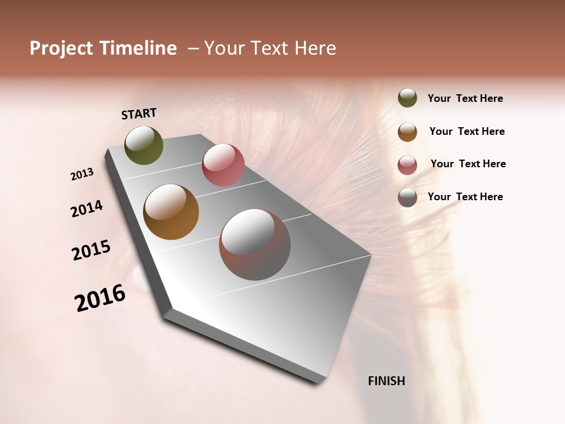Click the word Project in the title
[x=62, y=48]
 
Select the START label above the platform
[x=139, y=114]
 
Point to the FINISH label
[x=387, y=381]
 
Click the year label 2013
[x=82, y=174]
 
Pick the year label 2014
[x=87, y=208]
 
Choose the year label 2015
[x=91, y=250]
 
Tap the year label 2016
[x=100, y=298]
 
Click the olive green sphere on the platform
[x=144, y=145]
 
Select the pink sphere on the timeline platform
[x=223, y=165]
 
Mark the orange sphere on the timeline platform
[x=171, y=212]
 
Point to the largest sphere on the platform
[x=255, y=244]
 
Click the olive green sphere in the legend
[x=407, y=98]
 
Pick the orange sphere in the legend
[x=407, y=132]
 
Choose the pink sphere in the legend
[x=407, y=165]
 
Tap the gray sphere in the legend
[x=407, y=197]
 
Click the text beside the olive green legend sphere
[x=465, y=99]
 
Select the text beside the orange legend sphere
[x=467, y=131]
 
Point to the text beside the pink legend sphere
[x=468, y=164]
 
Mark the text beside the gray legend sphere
[x=465, y=197]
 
